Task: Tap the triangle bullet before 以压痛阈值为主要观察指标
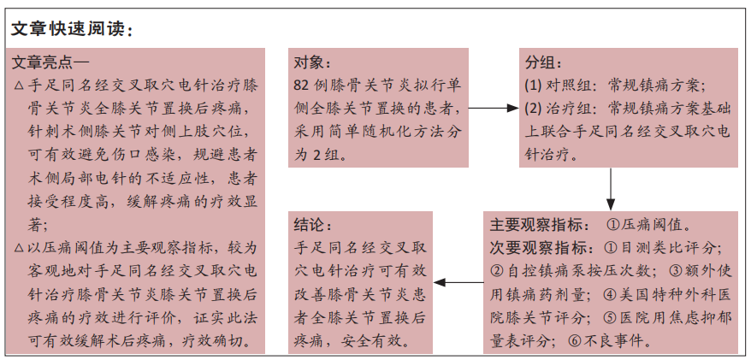[x=19, y=248]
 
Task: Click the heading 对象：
[x=312, y=62]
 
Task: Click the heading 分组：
[x=543, y=62]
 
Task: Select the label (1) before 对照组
[x=533, y=86]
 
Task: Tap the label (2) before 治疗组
[x=533, y=109]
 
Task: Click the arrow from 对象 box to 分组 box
[x=494, y=109]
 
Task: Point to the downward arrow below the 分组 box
[x=610, y=189]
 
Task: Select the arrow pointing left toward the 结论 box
[x=458, y=282]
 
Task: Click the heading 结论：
[x=312, y=225]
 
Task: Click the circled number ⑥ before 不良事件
[x=575, y=341]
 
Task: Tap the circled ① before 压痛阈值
[x=613, y=225]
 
